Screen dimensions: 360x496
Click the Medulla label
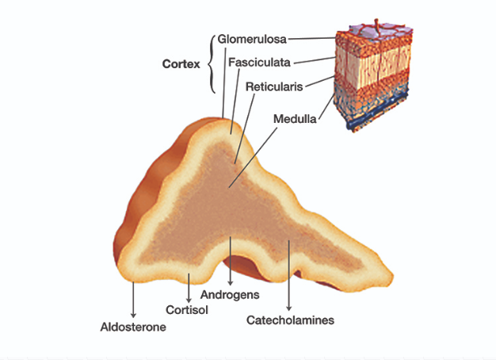pyautogui.click(x=295, y=120)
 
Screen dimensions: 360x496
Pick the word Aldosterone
pyautogui.click(x=133, y=325)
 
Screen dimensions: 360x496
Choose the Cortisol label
pyautogui.click(x=187, y=309)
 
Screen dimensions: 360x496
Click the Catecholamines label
pyautogui.click(x=290, y=320)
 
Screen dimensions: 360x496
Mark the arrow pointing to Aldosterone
pyautogui.click(x=133, y=301)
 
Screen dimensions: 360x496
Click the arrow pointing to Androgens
pyautogui.click(x=230, y=270)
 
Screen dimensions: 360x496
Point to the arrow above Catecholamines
pyautogui.click(x=290, y=278)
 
